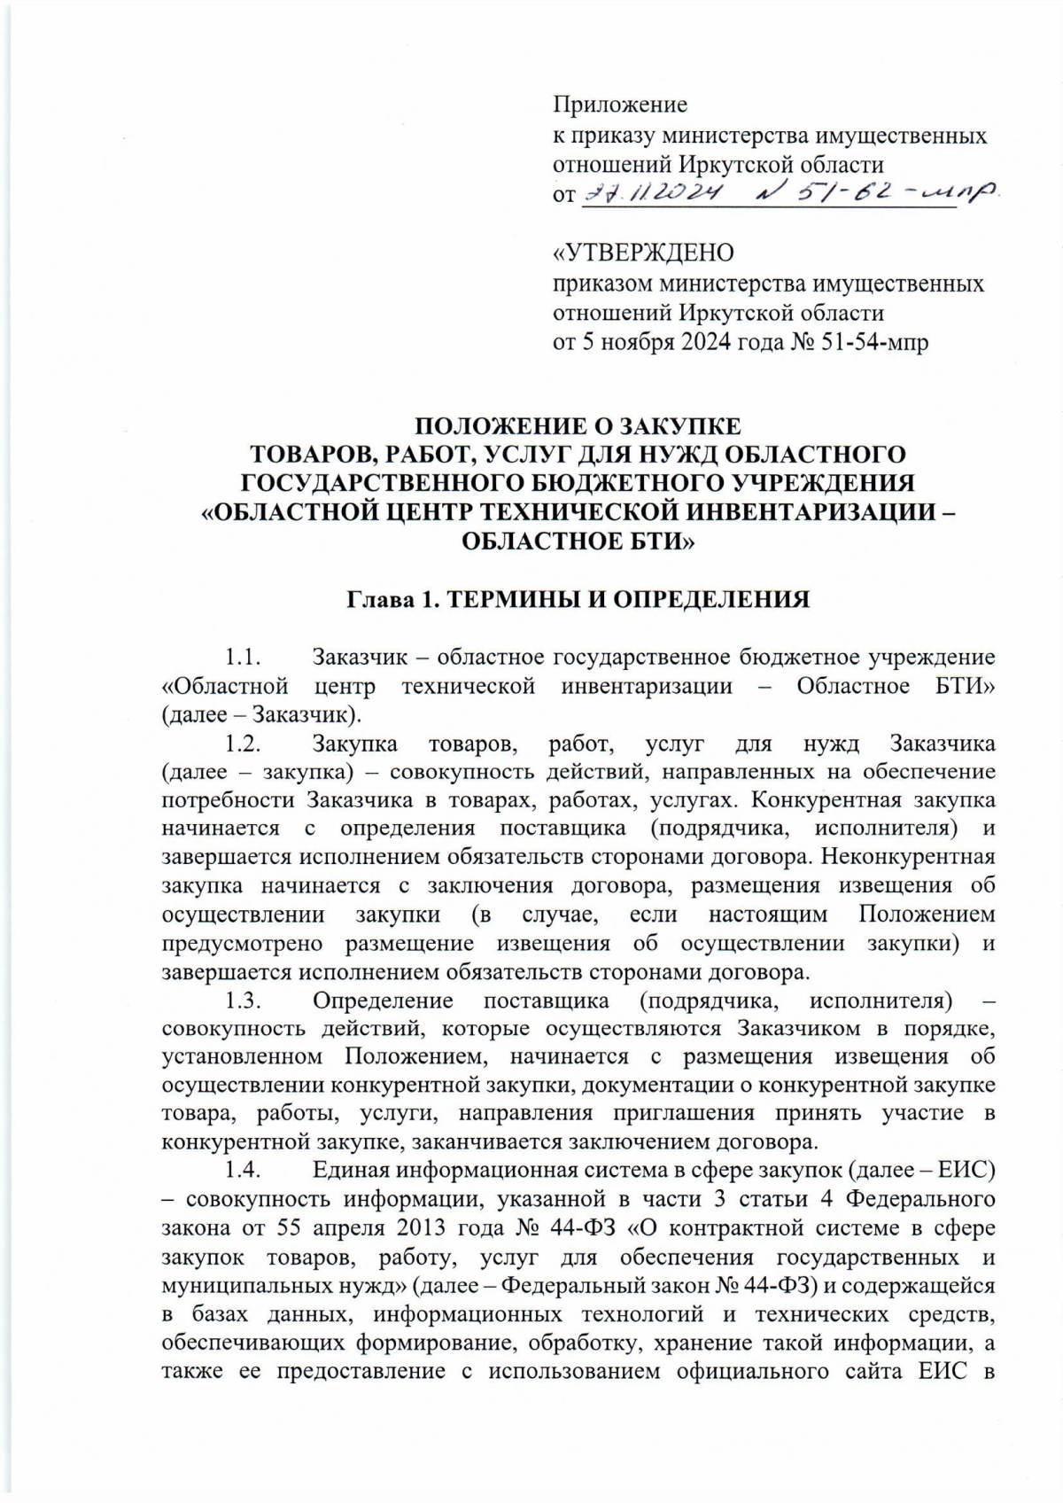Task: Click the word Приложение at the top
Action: click(620, 105)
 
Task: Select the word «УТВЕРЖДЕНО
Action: click(644, 253)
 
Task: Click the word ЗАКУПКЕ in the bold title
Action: click(674, 425)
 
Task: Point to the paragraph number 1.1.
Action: click(242, 658)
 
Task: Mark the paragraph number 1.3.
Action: click(242, 1001)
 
